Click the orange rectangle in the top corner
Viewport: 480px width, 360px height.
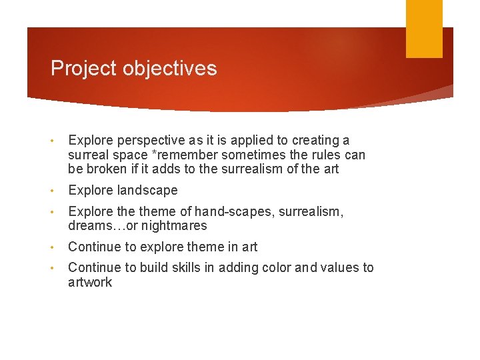(x=424, y=28)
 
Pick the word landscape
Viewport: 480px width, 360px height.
(x=147, y=191)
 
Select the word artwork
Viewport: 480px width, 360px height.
(x=90, y=283)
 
